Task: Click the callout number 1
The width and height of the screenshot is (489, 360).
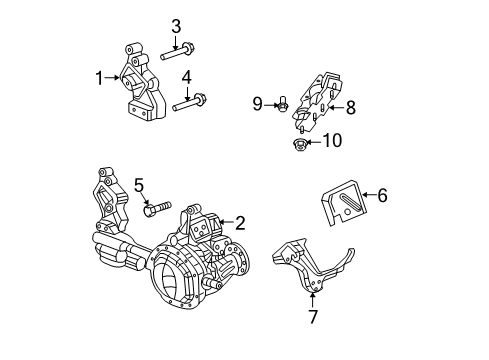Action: click(100, 76)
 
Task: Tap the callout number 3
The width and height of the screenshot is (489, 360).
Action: click(176, 25)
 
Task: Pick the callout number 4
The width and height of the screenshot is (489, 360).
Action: click(186, 77)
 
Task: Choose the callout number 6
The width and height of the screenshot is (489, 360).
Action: click(381, 196)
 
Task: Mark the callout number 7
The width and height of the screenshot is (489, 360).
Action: click(313, 316)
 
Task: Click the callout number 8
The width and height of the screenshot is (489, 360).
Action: click(350, 105)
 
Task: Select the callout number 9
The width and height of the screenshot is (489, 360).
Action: click(257, 103)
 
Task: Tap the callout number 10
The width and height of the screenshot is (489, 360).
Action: click(331, 141)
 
